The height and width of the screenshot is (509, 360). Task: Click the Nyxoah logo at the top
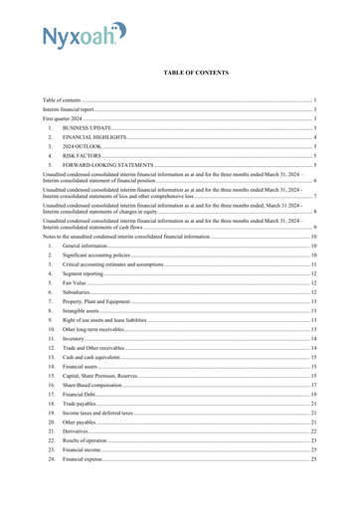(84, 37)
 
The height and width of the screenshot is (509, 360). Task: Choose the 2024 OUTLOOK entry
(82, 146)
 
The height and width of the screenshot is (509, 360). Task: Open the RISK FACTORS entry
(84, 156)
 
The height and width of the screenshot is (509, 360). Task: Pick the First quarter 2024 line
(63, 118)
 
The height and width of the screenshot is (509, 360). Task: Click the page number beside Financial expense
(313, 459)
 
